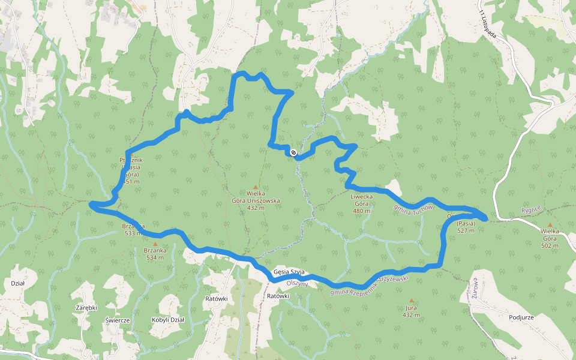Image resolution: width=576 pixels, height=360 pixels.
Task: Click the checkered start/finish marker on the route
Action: (x=293, y=152)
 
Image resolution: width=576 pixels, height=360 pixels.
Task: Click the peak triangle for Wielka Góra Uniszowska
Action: (x=256, y=187)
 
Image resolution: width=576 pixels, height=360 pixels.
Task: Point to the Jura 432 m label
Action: (x=411, y=311)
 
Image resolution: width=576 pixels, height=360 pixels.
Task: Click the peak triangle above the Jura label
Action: (x=411, y=300)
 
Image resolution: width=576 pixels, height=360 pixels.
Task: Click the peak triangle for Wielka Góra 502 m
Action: (x=550, y=224)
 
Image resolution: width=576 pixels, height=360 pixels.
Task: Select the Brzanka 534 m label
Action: (x=155, y=254)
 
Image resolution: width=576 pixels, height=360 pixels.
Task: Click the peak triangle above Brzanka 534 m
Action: (x=155, y=244)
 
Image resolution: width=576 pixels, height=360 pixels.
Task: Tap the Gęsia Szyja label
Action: (x=289, y=272)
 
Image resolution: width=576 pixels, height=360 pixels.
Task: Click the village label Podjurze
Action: (x=521, y=318)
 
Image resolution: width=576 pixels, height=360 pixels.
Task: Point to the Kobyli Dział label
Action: (x=168, y=320)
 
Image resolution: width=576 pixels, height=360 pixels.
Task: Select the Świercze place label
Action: (x=118, y=320)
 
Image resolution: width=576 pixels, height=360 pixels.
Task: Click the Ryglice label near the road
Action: (x=531, y=209)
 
